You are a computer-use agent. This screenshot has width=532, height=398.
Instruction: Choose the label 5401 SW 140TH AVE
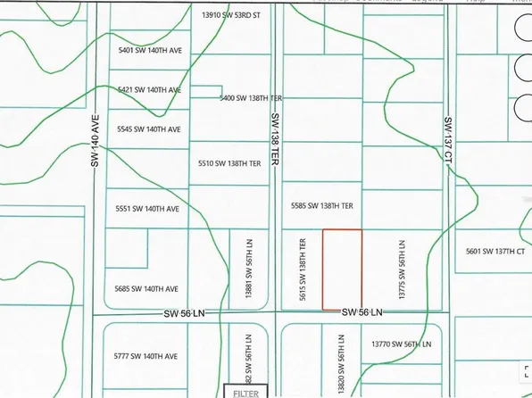pos(149,51)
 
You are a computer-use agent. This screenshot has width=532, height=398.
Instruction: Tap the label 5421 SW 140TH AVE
pos(149,90)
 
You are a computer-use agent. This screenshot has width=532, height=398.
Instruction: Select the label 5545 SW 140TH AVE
pos(149,129)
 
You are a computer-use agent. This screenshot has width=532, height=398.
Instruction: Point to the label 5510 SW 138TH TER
pos(229,163)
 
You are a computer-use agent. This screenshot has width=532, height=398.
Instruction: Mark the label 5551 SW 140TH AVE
pos(148,208)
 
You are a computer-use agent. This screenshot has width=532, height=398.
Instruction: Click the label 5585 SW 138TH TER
pos(323,205)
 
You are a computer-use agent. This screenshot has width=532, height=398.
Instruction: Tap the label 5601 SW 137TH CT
pos(493,252)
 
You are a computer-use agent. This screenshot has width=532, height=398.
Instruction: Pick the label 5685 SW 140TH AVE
pos(148,288)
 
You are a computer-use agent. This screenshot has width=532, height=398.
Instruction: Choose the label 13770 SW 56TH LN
pos(401,343)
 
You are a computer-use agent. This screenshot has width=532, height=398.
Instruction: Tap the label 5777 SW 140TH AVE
pos(148,356)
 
